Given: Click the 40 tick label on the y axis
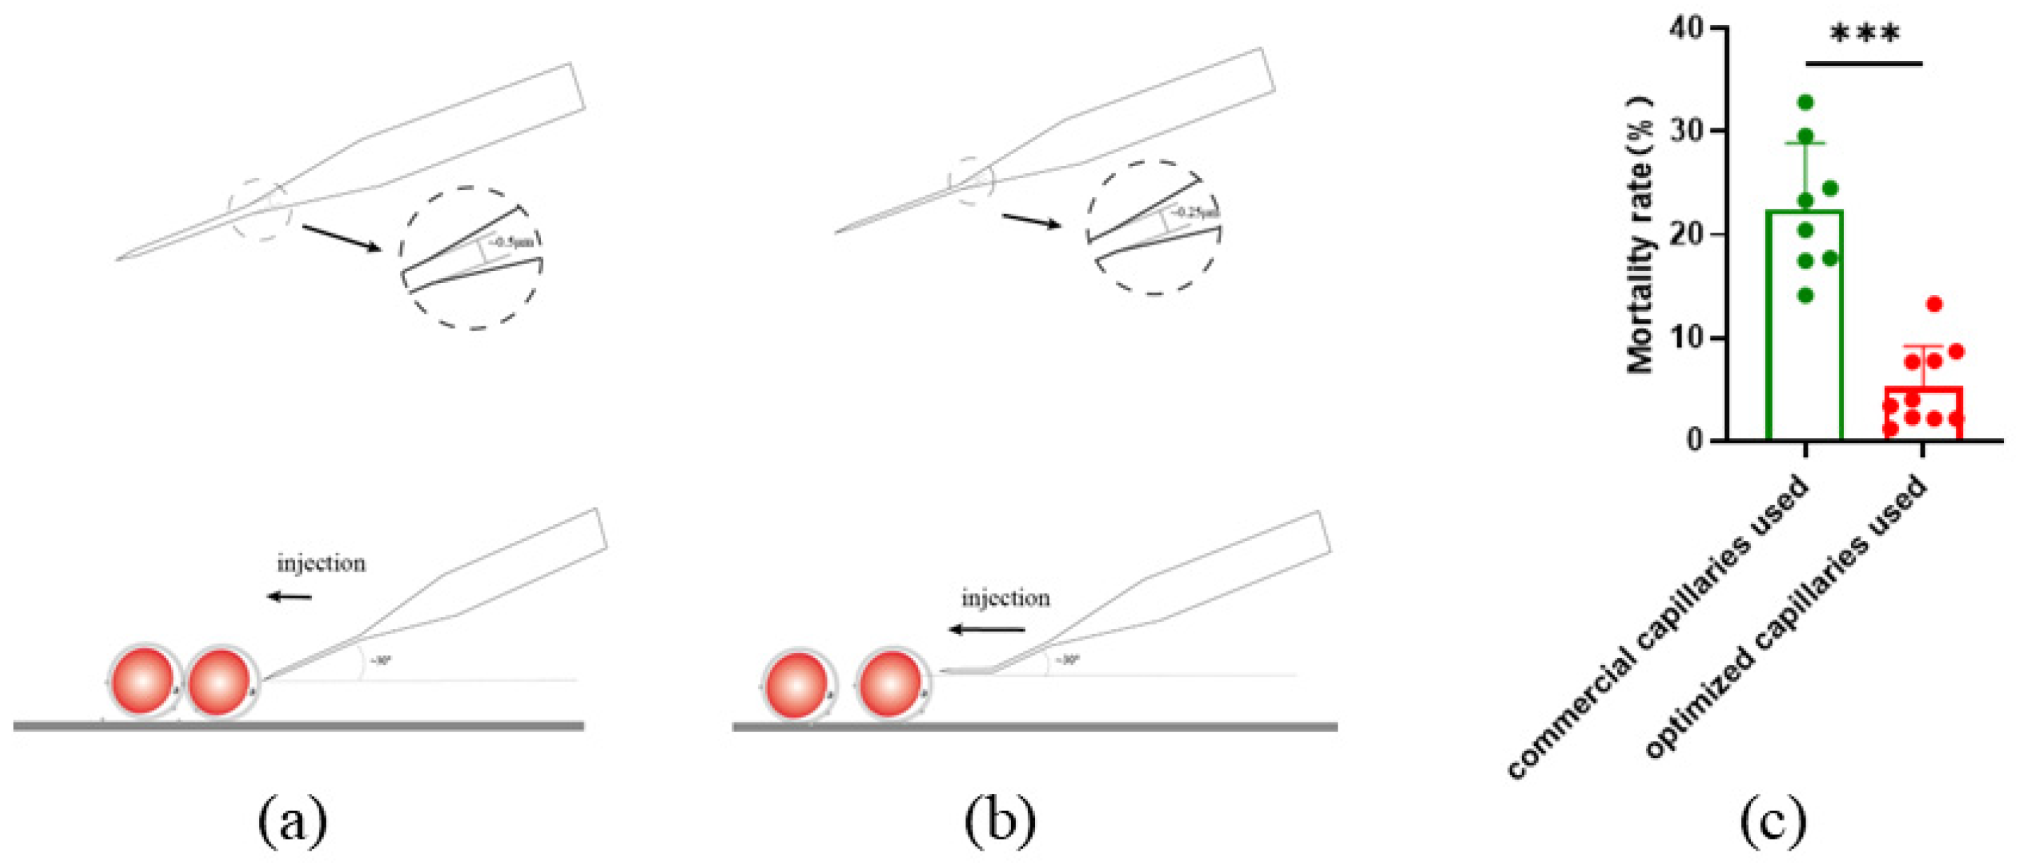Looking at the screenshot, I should (x=1686, y=28).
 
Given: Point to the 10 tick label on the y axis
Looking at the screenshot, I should (x=1686, y=338).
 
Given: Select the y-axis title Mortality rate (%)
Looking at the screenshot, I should (x=1640, y=235).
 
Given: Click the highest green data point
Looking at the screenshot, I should (x=1806, y=102).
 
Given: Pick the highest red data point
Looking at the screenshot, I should (x=1935, y=303).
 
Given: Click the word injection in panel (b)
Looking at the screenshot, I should (x=1005, y=598).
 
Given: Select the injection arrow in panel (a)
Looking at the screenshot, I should (x=289, y=598).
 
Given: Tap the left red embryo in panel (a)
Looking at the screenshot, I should (x=144, y=681).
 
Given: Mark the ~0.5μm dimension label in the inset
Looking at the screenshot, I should (x=511, y=242).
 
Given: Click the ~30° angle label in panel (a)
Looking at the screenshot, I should (x=380, y=661).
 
